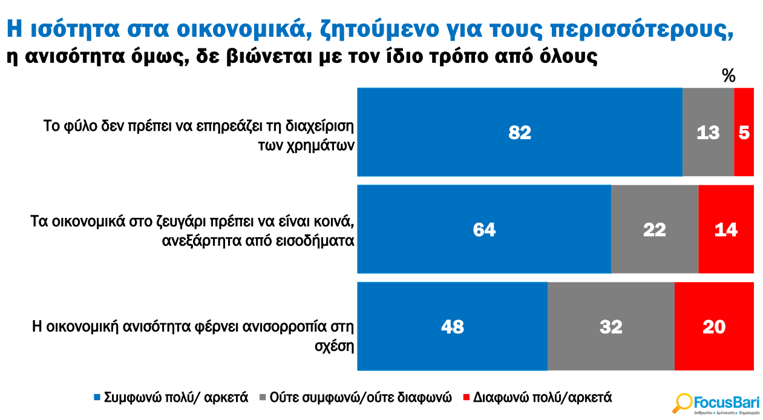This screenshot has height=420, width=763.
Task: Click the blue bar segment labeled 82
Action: pyautogui.click(x=519, y=132)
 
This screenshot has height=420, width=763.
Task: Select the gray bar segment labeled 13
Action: pyautogui.click(x=708, y=132)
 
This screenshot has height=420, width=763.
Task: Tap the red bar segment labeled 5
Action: pyautogui.click(x=744, y=132)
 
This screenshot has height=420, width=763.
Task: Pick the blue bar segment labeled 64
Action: pyautogui.click(x=484, y=229)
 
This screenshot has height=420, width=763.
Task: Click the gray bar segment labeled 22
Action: pyautogui.click(x=654, y=229)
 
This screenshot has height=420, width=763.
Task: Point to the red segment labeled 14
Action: pyautogui.click(x=725, y=229)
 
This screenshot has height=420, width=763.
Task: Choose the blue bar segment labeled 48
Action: pyautogui.click(x=452, y=326)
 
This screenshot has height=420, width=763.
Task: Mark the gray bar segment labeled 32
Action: pyautogui.click(x=611, y=326)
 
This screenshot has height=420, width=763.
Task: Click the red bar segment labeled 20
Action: pyautogui.click(x=714, y=326)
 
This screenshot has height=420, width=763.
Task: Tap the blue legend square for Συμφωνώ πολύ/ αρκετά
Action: pyautogui.click(x=97, y=398)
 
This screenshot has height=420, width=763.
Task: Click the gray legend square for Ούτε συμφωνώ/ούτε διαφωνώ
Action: pyautogui.click(x=263, y=398)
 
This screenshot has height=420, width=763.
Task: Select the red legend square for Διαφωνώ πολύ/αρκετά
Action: pyautogui.click(x=466, y=398)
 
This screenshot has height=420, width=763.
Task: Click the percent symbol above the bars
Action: pyautogui.click(x=729, y=76)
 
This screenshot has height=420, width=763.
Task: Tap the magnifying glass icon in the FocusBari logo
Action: pyautogui.click(x=683, y=402)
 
